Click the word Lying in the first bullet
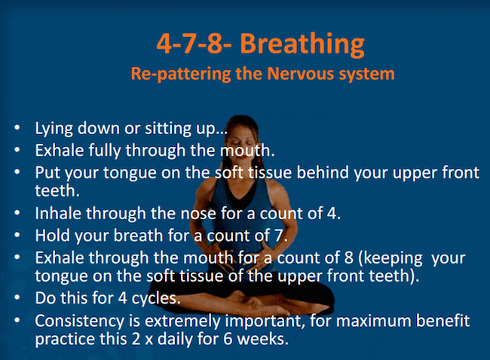point(51,128)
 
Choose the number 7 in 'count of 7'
point(280,235)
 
